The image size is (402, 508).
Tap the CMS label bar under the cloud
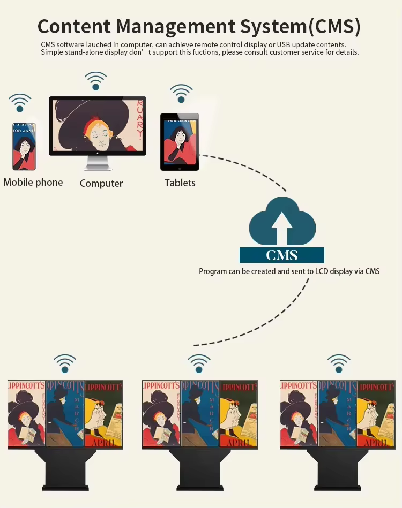(281, 255)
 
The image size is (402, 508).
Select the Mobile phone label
(33, 183)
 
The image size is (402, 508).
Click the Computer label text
(101, 184)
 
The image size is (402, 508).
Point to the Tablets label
(180, 183)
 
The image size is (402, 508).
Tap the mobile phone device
(24, 145)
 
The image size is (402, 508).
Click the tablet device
(180, 141)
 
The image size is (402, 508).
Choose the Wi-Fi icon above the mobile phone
(20, 102)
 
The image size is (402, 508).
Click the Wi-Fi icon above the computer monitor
(95, 81)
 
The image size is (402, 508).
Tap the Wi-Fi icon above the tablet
(181, 93)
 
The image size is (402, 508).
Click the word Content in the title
(73, 26)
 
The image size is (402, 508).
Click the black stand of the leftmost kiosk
(65, 471)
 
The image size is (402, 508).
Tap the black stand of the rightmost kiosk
(338, 471)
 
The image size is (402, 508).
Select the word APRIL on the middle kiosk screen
(237, 443)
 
